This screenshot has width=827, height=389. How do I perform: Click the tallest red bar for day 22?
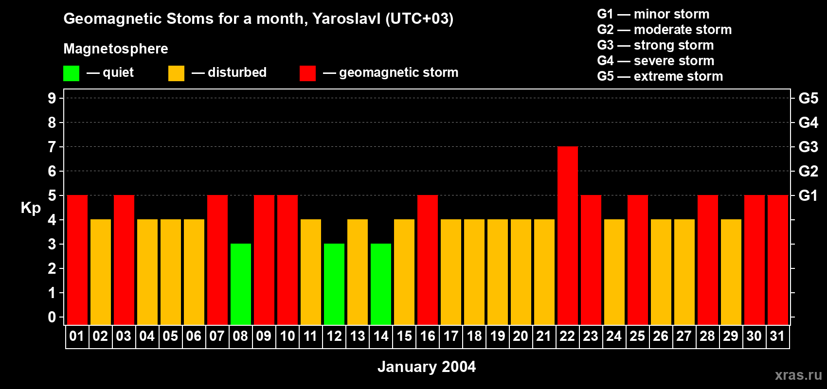coord(567,235)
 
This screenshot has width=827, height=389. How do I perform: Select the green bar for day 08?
coord(240,284)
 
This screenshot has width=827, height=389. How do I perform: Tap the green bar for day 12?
coord(334,284)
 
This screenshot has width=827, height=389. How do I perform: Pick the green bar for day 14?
coord(381,284)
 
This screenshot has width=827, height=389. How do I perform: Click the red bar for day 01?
coord(77,260)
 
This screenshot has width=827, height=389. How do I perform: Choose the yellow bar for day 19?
coord(498,272)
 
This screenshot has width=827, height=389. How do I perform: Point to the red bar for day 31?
coord(777,260)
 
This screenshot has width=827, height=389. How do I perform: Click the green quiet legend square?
coord(71,73)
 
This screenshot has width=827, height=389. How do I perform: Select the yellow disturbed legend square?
coord(176,73)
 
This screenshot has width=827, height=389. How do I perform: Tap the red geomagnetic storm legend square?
coord(307,73)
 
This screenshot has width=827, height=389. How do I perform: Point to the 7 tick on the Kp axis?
coord(52,147)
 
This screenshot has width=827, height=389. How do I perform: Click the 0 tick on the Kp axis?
coord(52,318)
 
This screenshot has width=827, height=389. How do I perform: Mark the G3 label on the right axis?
coord(808,147)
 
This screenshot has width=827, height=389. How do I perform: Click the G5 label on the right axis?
coord(808,98)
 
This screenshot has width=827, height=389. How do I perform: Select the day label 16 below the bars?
coord(428,336)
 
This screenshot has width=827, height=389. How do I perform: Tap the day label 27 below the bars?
coord(684,336)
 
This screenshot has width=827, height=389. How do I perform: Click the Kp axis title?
coord(31,208)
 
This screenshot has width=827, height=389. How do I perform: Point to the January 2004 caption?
coord(427,367)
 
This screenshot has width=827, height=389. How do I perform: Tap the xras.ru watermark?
coord(798,375)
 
